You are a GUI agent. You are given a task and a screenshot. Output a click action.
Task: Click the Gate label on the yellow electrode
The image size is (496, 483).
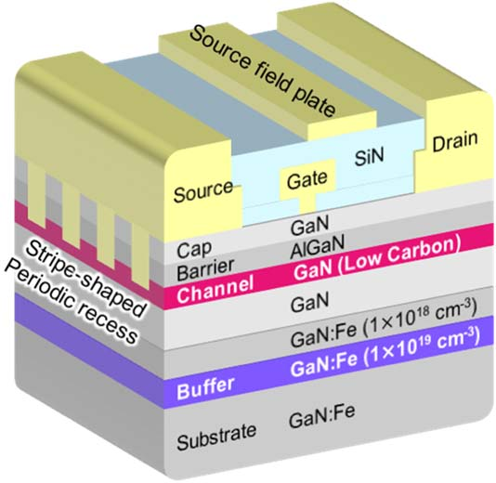(307, 179)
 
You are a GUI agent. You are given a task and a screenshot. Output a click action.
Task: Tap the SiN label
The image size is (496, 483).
(369, 156)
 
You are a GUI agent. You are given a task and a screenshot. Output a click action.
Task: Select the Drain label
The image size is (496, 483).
(455, 141)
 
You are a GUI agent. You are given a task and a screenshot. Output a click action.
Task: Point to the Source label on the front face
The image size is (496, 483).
(203, 191)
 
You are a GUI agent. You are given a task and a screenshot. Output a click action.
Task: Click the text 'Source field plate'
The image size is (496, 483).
(262, 72)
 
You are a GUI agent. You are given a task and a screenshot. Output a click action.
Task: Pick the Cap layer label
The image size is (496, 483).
(194, 250)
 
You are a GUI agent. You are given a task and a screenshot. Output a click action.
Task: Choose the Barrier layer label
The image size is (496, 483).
(205, 269)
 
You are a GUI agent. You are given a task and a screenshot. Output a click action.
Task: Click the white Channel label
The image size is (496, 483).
(215, 290)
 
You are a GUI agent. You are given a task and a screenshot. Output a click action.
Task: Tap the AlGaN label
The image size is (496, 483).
(318, 246)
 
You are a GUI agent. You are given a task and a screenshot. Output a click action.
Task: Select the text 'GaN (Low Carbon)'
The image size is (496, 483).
(377, 259)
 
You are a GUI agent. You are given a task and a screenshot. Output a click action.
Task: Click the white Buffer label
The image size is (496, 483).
(205, 388)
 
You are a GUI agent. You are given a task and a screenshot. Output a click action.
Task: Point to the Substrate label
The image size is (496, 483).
(216, 437)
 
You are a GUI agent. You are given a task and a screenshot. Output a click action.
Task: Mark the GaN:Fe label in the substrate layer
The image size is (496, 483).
(321, 416)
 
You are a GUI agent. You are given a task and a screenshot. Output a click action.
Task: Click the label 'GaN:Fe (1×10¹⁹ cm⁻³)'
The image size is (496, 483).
(385, 352)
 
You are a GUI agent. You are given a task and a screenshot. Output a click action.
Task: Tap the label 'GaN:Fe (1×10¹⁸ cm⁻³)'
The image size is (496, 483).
(384, 322)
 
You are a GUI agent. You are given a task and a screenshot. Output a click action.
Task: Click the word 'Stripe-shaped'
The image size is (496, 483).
(85, 279)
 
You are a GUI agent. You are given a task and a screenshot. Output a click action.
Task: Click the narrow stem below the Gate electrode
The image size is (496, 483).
(307, 204)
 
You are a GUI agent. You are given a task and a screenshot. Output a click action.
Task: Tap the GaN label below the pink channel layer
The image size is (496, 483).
(309, 302)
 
